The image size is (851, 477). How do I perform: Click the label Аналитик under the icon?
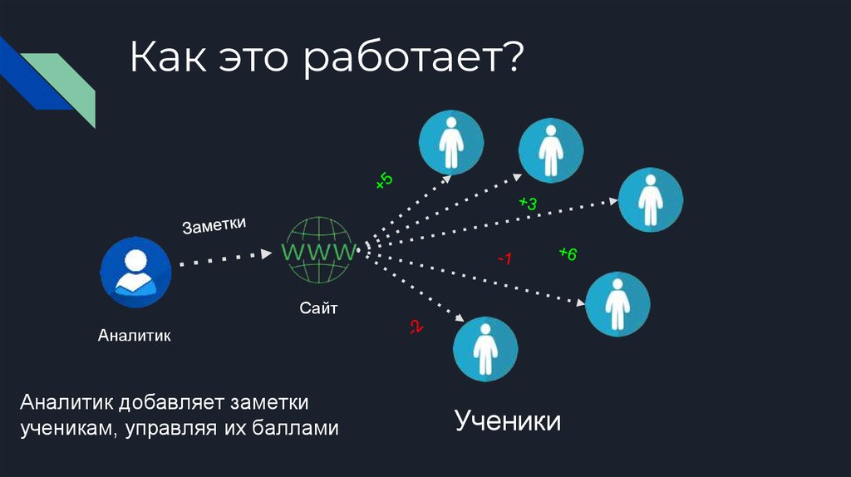[x=134, y=337]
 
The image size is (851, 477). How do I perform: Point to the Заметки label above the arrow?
[x=215, y=226]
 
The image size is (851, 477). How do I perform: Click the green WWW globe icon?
[x=320, y=249]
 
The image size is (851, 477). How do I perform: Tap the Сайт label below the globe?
[x=319, y=309]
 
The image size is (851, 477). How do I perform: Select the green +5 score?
[x=384, y=182]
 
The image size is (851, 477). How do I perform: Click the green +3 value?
[x=528, y=203]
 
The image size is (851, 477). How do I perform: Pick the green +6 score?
[x=568, y=253]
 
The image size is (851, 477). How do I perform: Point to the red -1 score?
[x=504, y=260]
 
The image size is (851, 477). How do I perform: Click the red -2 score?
[x=416, y=327]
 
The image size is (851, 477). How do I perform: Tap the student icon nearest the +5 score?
[x=450, y=142]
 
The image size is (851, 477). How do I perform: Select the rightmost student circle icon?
[x=651, y=199]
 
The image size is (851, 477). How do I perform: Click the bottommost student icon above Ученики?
[x=485, y=349]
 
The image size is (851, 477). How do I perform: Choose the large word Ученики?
[x=507, y=420]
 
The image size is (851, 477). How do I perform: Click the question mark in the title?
[x=513, y=60]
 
